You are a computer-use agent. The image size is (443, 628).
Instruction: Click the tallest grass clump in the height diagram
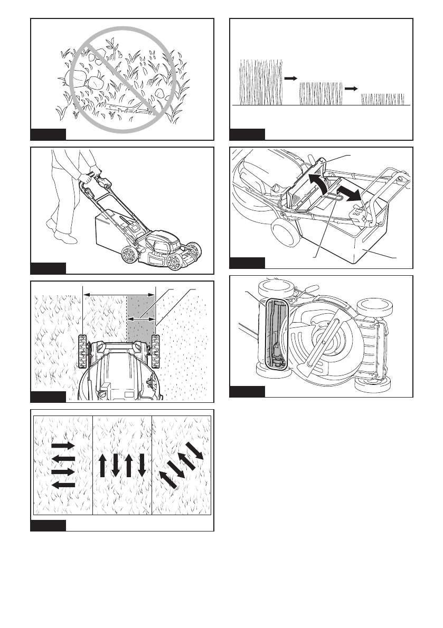pos(261,82)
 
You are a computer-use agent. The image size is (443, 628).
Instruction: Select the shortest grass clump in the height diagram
pos(383,99)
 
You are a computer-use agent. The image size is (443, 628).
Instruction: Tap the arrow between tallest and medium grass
pos(290,78)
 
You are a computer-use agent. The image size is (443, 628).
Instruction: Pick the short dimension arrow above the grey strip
pos(141,318)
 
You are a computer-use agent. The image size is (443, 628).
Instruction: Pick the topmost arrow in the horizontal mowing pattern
pos(63,446)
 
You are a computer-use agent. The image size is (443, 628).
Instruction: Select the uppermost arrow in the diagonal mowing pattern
pos(197,449)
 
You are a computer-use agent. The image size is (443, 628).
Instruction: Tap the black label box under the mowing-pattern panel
pos(48,525)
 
